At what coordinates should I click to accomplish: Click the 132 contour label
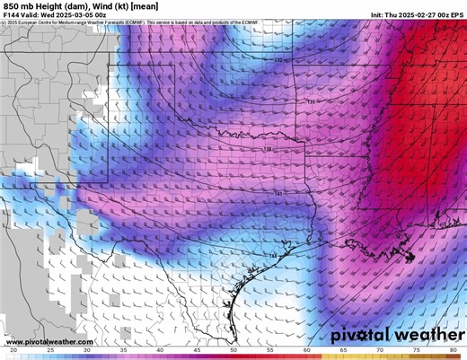278,60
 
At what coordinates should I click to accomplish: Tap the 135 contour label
311,102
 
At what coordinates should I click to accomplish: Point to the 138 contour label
267,149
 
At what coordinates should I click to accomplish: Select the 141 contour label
279,193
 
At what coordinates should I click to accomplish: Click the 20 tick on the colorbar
13,350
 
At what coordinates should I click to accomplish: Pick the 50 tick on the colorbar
233,350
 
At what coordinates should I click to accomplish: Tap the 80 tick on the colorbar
453,350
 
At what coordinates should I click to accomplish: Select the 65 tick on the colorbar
343,350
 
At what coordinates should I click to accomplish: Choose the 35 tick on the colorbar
123,350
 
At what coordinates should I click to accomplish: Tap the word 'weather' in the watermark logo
424,335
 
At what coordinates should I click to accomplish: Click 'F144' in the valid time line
13,15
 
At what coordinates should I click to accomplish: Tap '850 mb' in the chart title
22,5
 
